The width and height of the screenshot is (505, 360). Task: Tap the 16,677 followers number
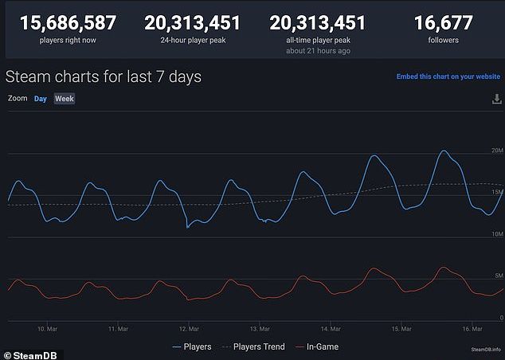pos(444,23)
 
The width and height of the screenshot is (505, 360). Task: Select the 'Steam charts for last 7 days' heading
pos(104,77)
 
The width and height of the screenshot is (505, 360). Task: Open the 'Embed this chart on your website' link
pos(448,77)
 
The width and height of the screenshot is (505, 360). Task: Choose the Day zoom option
pos(40,99)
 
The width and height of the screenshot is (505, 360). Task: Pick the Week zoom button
pos(64,99)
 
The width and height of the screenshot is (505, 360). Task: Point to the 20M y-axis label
pos(497,151)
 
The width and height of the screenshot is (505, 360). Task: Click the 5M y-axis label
pos(499,276)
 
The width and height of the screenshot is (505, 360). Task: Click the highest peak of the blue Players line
pos(444,151)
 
